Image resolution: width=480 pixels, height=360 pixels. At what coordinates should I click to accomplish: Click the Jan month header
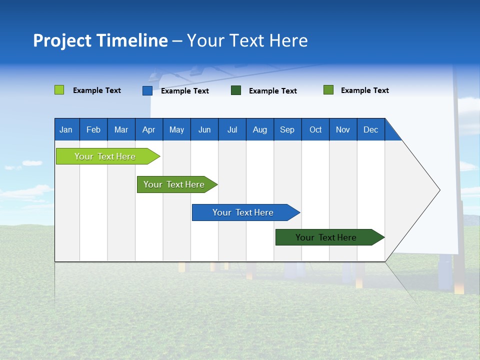coord(66,129)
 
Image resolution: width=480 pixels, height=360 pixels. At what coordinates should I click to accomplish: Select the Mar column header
coord(121,129)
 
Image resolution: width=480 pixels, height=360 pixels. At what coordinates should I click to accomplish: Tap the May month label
coord(176,129)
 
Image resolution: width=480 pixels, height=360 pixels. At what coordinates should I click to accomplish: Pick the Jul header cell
coord(232,129)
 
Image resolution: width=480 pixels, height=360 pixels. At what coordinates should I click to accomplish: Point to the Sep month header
coord(287,129)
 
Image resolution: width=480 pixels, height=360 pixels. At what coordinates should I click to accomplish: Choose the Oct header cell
coord(315,129)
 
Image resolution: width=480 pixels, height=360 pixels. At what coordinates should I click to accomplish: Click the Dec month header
coord(370,129)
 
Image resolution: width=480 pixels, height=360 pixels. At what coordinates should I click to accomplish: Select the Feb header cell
coord(93,129)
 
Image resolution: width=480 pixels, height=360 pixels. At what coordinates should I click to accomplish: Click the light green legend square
coord(59,90)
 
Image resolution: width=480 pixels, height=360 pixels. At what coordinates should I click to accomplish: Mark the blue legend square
coord(147,90)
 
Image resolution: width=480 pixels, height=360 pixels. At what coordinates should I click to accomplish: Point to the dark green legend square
coord(236,90)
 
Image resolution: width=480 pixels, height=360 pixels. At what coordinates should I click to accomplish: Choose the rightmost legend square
coord(328,90)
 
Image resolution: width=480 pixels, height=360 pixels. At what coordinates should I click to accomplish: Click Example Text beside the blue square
coord(185,91)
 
